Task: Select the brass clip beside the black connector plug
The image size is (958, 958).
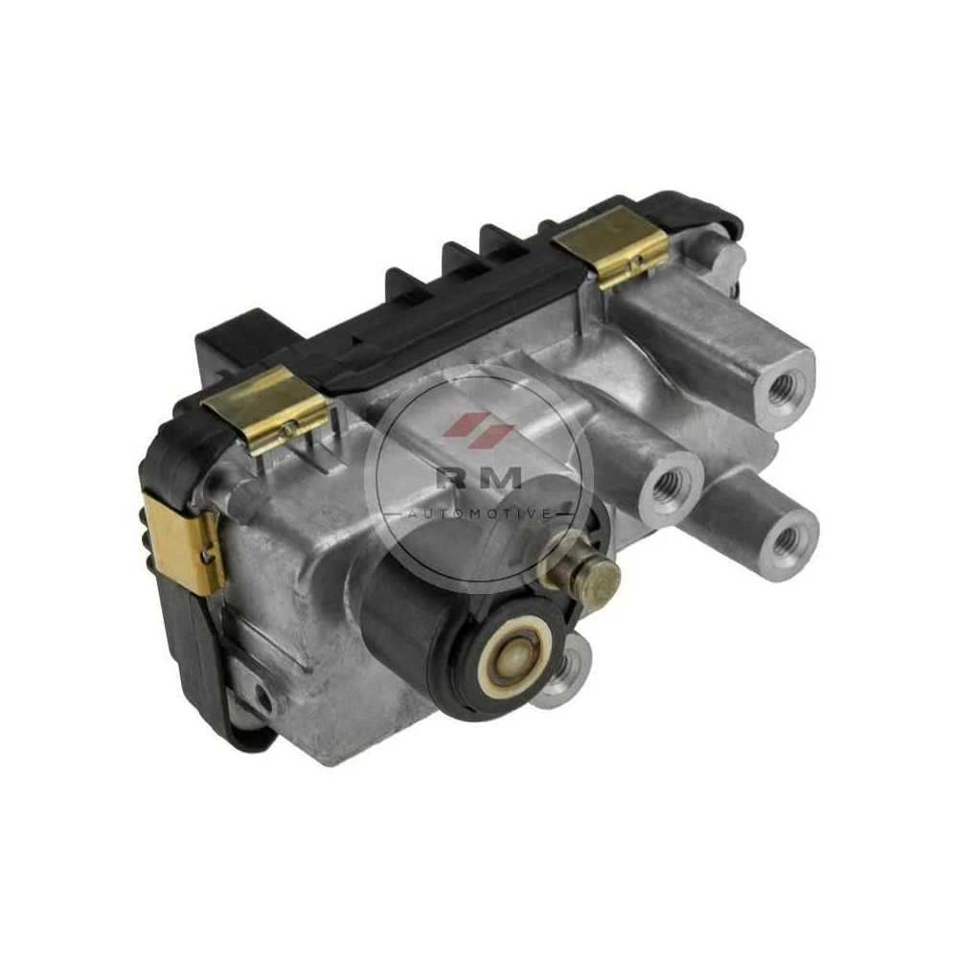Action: pyautogui.click(x=269, y=411)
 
